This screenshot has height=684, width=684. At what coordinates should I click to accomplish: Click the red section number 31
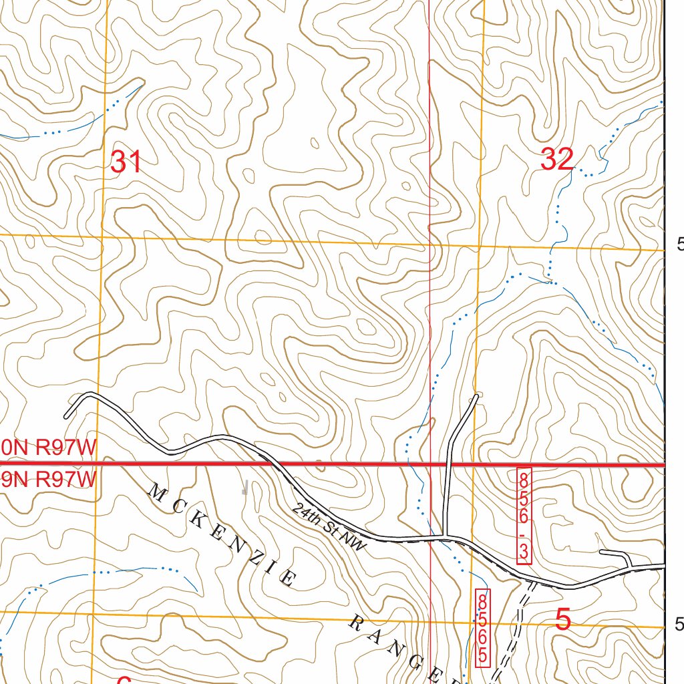(x=126, y=162)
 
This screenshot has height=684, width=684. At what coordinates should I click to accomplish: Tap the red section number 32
(x=556, y=160)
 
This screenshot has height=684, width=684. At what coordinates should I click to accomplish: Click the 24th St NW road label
(x=329, y=527)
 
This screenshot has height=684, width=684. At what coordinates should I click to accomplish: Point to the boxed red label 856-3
(x=524, y=516)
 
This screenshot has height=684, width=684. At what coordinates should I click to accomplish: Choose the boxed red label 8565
(x=482, y=627)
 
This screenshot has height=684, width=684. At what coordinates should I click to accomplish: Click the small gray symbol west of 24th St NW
(x=245, y=488)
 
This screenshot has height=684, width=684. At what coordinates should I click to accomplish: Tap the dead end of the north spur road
(x=476, y=397)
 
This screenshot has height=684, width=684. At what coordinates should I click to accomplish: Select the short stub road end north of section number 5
(x=602, y=552)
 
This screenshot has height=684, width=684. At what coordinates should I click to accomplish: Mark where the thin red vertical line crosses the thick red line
(x=430, y=464)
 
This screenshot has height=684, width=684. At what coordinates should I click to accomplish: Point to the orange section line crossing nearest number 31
(x=102, y=235)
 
